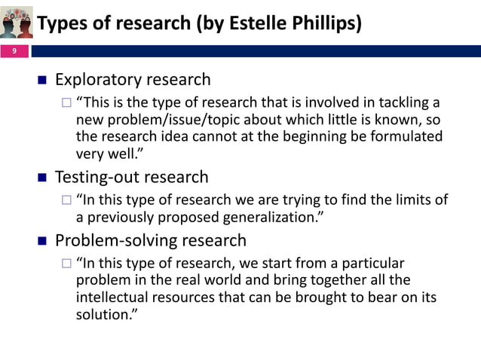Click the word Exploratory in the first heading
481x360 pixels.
pyautogui.click(x=98, y=80)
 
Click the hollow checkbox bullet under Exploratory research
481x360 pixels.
pyautogui.click(x=66, y=103)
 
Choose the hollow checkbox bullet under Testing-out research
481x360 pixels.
pyautogui.click(x=66, y=200)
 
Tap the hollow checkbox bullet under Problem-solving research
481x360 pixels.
pyautogui.click(x=66, y=264)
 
